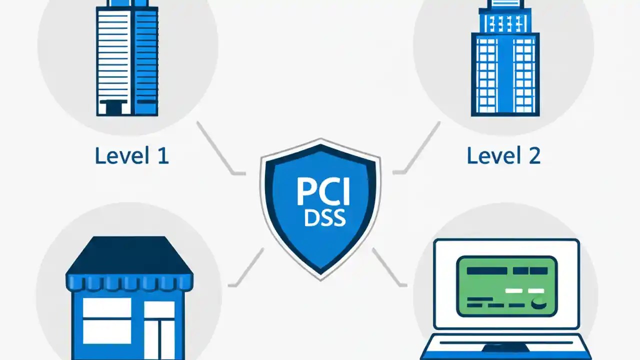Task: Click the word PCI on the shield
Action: coord(323,191)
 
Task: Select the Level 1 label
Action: coord(132,156)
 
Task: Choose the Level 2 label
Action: coord(503,156)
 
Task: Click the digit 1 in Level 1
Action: coord(163,156)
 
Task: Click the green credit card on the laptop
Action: coord(506,286)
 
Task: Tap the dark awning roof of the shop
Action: coord(129,256)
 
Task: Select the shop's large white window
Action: coord(106,320)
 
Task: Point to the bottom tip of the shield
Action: coord(320,278)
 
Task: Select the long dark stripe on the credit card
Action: coord(488,270)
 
